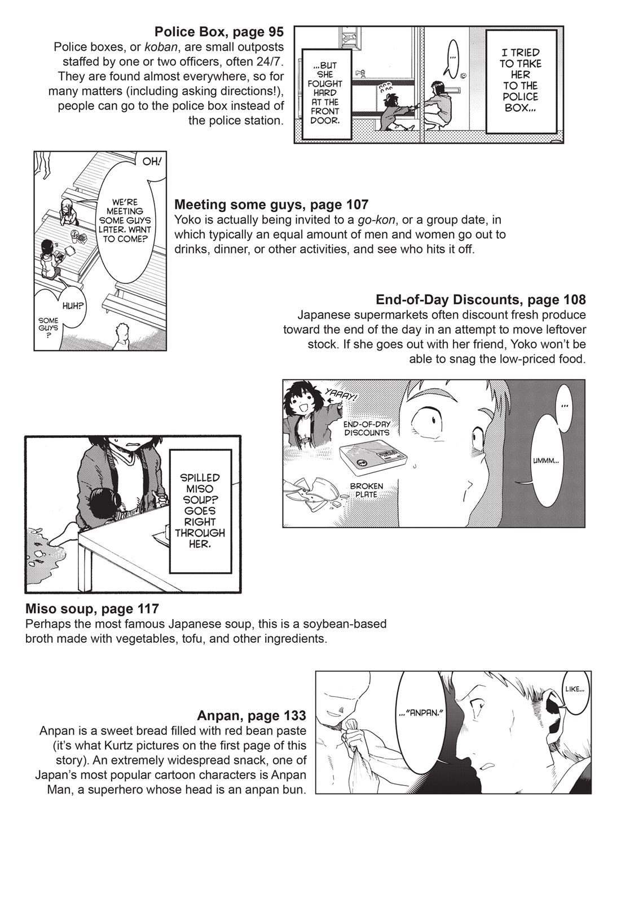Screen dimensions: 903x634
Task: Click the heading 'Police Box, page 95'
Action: pyautogui.click(x=219, y=32)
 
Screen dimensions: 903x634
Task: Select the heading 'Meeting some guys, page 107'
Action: pyautogui.click(x=271, y=204)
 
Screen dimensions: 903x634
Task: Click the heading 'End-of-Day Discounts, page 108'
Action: pyautogui.click(x=481, y=299)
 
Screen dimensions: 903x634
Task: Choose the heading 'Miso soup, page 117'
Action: pyautogui.click(x=92, y=609)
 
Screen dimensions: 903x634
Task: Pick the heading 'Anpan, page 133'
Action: pyautogui.click(x=252, y=716)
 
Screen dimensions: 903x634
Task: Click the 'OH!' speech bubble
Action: pyautogui.click(x=151, y=162)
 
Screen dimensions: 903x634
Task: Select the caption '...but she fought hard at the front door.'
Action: pyautogui.click(x=327, y=88)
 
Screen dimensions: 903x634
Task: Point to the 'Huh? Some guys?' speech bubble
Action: pyautogui.click(x=62, y=319)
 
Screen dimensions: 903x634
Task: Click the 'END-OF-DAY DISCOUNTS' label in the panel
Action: pyautogui.click(x=366, y=428)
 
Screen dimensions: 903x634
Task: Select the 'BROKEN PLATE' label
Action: pyautogui.click(x=366, y=490)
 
